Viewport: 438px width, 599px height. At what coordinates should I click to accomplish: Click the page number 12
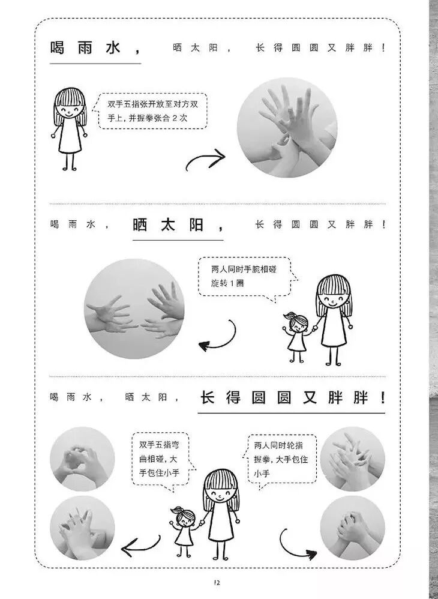point(217,583)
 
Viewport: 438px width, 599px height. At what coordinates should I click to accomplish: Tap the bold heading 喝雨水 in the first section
point(86,48)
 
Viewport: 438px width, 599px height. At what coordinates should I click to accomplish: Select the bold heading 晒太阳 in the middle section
point(168,225)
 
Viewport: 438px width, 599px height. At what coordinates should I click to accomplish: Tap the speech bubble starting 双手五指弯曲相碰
point(163,461)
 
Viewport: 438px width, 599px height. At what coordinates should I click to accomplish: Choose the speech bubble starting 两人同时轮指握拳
point(281,460)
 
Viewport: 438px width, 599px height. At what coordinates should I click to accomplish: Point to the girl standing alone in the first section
point(69,128)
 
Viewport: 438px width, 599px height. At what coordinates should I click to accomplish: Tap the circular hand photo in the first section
point(287,128)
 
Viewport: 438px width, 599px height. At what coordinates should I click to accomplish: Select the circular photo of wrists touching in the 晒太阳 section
point(134,309)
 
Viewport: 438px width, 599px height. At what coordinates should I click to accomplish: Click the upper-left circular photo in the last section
point(82,459)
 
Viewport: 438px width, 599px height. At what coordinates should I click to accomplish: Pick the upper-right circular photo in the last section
point(352,459)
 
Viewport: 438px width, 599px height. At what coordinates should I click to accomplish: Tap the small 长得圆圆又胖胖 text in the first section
point(320,48)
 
